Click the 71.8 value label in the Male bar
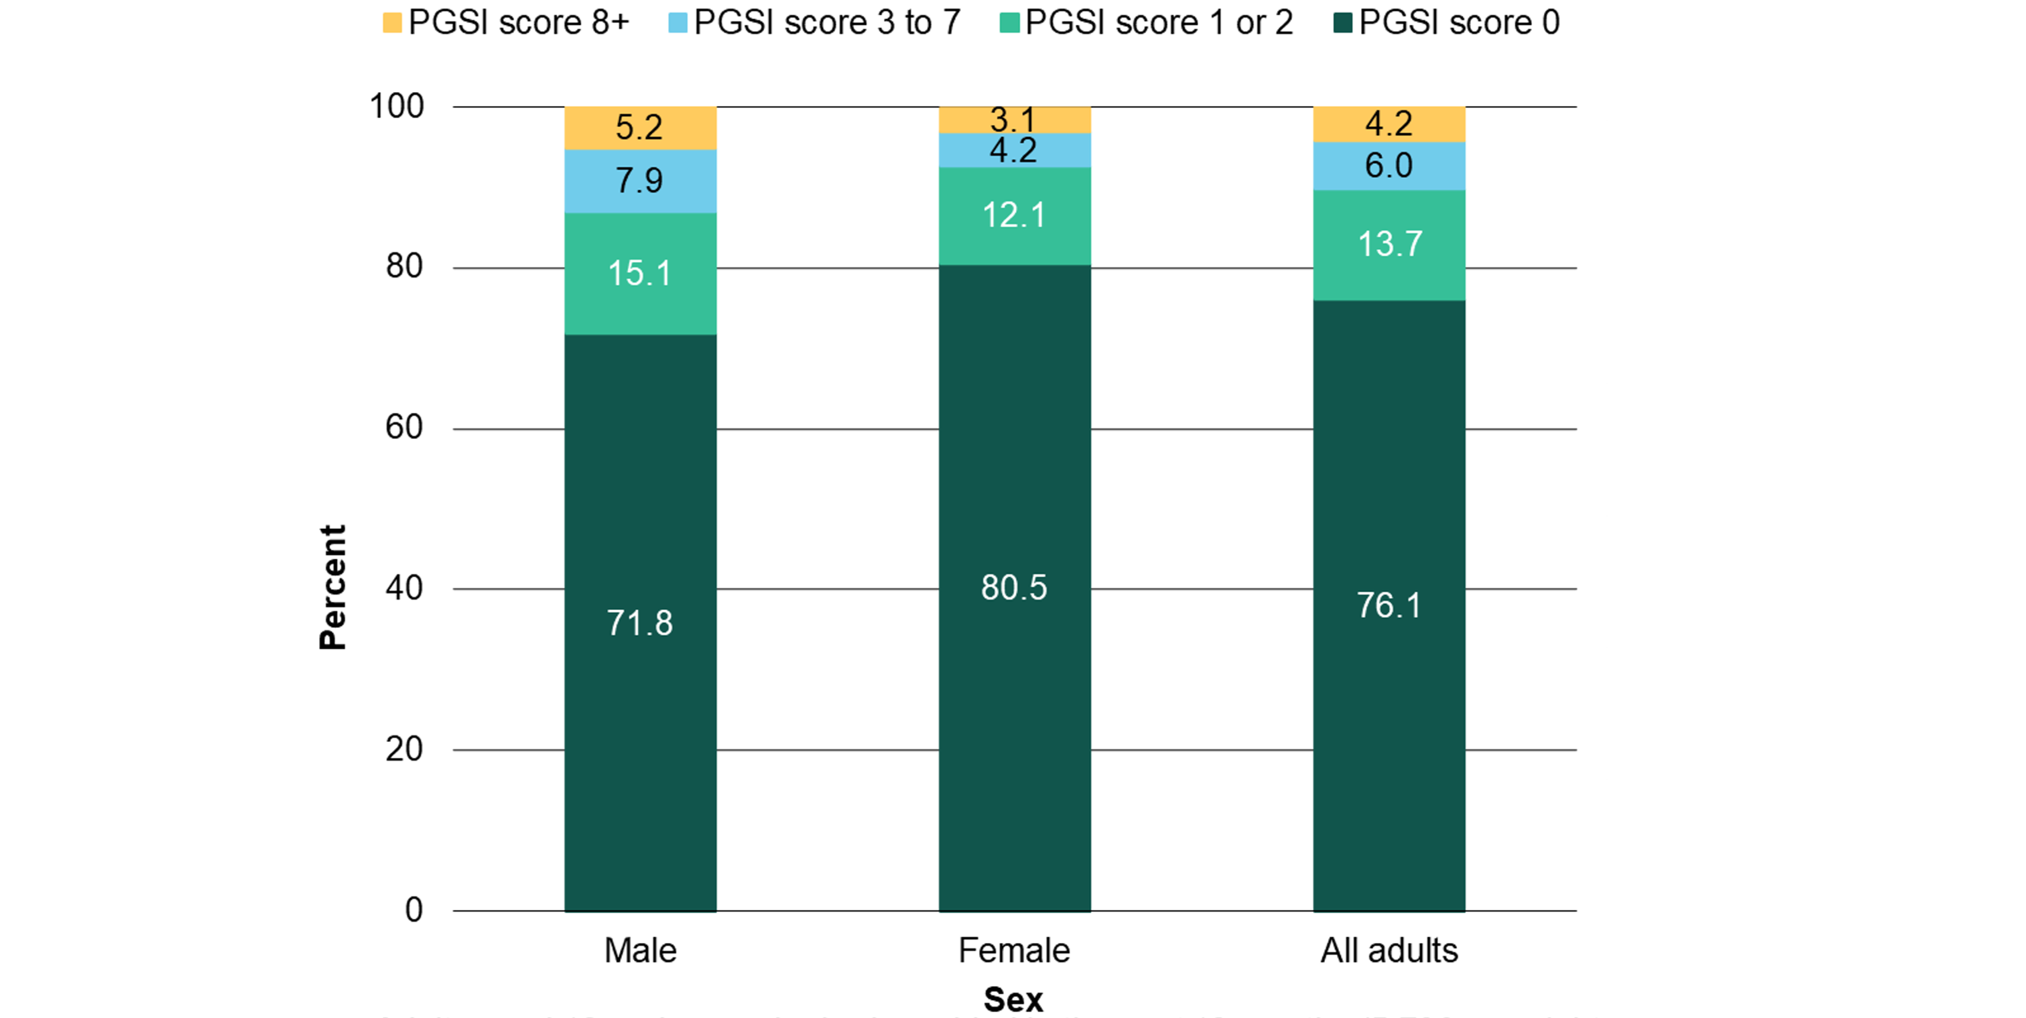pos(639,623)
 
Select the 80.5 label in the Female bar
pos(1014,588)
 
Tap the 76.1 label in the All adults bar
pos(1389,605)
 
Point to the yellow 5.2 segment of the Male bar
pos(639,128)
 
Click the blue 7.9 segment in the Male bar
pos(639,181)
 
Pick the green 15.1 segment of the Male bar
pos(639,274)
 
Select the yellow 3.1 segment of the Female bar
pos(1014,120)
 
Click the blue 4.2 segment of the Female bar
pos(1014,150)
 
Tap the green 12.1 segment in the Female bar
pos(1014,215)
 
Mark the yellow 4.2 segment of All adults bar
pos(1389,123)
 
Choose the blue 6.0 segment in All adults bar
pos(1389,166)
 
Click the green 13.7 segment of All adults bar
pos(1389,244)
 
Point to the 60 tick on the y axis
pos(403,428)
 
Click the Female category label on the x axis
pos(1014,951)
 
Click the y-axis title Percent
pos(333,587)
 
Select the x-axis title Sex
pos(1013,999)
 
